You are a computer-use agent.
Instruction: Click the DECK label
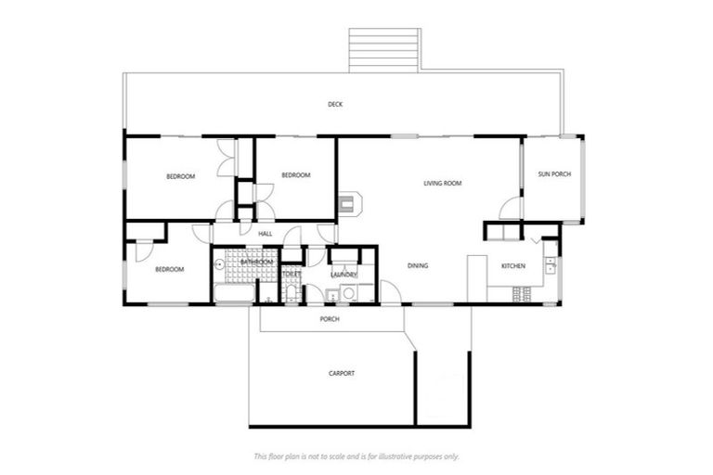pos(335,105)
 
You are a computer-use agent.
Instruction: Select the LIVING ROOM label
pos(442,184)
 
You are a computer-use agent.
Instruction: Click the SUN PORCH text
pos(554,174)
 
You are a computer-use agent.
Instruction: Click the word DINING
pos(418,266)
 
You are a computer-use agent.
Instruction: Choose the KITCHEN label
pos(513,266)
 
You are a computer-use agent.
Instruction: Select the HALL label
pos(266,234)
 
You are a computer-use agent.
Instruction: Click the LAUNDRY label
pos(344,275)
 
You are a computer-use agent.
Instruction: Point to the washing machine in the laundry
pos(350,294)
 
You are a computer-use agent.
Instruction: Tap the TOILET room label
pos(292,275)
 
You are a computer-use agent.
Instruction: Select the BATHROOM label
pos(256,263)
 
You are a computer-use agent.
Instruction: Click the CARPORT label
pos(342,374)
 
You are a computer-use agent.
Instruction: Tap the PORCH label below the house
pos(330,319)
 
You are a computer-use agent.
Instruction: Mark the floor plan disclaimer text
pos(356,456)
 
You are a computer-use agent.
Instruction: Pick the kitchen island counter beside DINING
pos(476,278)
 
